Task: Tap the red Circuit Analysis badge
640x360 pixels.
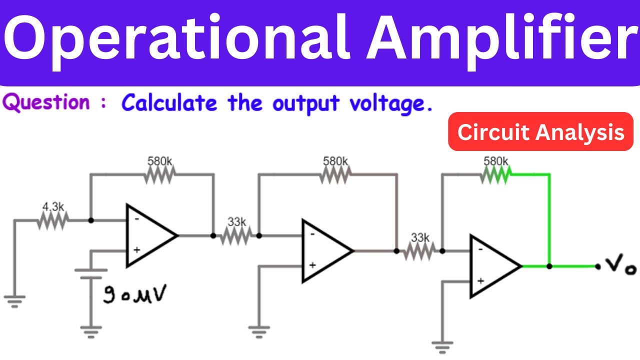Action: [x=540, y=132]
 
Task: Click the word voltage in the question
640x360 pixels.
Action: [x=390, y=104]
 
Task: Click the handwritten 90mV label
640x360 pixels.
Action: [x=135, y=294]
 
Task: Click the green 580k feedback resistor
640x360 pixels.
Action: [x=495, y=174]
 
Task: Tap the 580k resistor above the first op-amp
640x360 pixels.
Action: [x=160, y=174]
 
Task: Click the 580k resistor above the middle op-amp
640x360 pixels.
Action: [x=335, y=174]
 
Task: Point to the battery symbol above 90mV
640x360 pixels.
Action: [x=90, y=273]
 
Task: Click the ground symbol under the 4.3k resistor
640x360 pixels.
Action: [x=14, y=300]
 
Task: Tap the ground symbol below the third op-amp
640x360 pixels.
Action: [x=442, y=346]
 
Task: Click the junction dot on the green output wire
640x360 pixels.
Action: [x=549, y=266]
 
